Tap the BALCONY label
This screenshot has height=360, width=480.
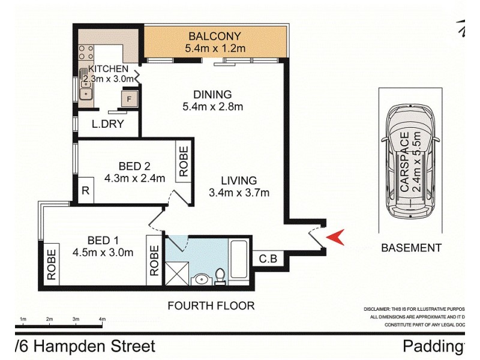[215, 35]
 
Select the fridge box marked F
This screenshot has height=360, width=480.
[129, 99]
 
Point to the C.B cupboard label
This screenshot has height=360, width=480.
[268, 259]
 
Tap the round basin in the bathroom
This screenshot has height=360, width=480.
[200, 280]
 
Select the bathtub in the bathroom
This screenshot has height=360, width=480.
[240, 261]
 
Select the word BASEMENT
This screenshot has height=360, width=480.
[411, 247]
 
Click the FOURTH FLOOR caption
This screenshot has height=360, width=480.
[211, 305]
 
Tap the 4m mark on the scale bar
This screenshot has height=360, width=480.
[102, 319]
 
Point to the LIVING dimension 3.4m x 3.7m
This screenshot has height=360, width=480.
[238, 193]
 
